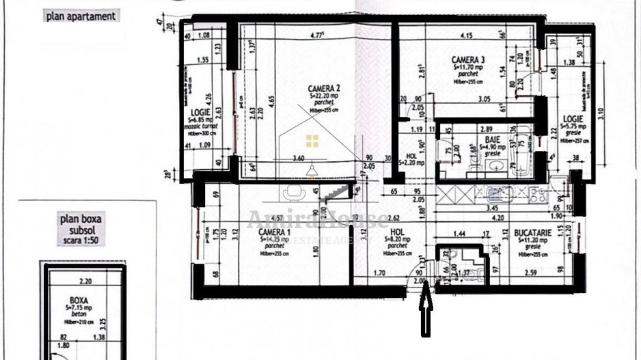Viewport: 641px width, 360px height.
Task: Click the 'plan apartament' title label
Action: click(x=81, y=16)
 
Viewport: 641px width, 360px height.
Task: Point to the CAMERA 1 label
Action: click(x=275, y=233)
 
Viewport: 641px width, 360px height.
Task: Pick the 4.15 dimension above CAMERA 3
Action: click(x=467, y=35)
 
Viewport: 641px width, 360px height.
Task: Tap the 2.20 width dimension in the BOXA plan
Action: click(x=85, y=281)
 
